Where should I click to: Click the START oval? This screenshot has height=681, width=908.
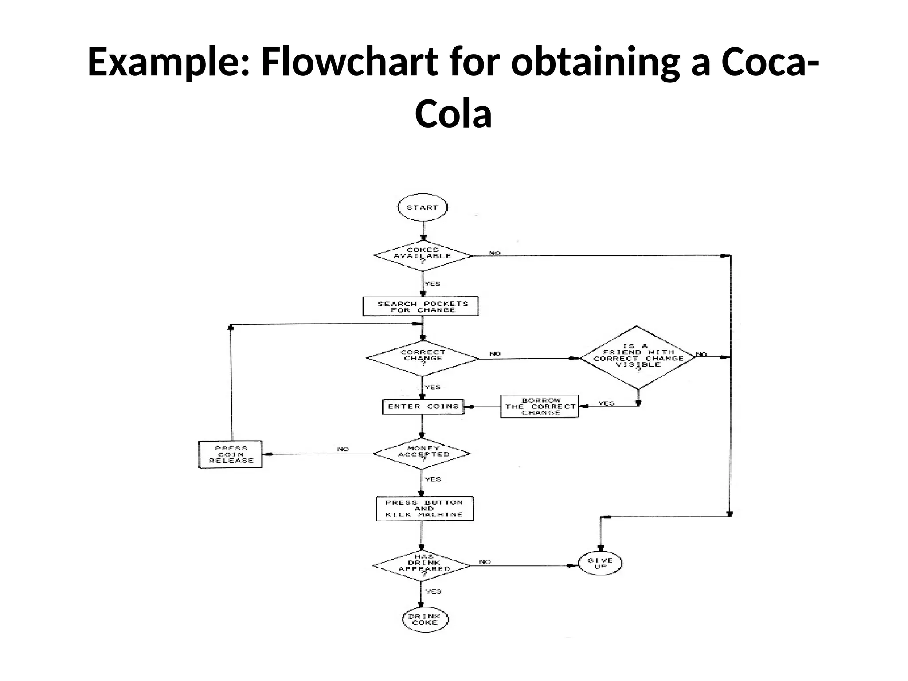tap(423, 207)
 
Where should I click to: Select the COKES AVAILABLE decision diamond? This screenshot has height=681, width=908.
tap(423, 256)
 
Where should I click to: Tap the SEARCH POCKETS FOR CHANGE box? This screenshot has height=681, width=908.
tap(421, 306)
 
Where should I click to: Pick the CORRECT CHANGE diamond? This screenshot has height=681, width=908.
tap(423, 358)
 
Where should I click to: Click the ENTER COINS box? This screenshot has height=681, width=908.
tap(423, 407)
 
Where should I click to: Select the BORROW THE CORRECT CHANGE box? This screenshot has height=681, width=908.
tap(540, 406)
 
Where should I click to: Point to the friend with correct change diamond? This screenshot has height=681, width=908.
tap(638, 358)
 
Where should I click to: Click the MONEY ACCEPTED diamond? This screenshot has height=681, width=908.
tap(422, 454)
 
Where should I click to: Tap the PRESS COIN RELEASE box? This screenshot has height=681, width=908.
tap(231, 454)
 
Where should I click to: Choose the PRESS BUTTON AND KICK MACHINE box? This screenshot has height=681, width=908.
tap(424, 509)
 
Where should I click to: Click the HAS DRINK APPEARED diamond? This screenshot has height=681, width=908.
tap(422, 565)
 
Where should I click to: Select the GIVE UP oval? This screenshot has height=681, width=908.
tap(600, 564)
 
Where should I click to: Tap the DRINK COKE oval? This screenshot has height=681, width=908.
tap(425, 619)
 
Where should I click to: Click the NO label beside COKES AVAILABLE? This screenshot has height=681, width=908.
tap(494, 253)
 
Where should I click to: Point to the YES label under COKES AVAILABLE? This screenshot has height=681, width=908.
tap(432, 284)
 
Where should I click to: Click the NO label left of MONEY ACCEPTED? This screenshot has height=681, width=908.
tap(343, 449)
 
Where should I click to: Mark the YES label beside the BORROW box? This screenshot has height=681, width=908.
tap(606, 403)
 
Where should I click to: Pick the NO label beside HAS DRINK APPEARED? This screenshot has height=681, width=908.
tap(485, 562)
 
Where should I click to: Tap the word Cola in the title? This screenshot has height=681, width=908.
tap(453, 114)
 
